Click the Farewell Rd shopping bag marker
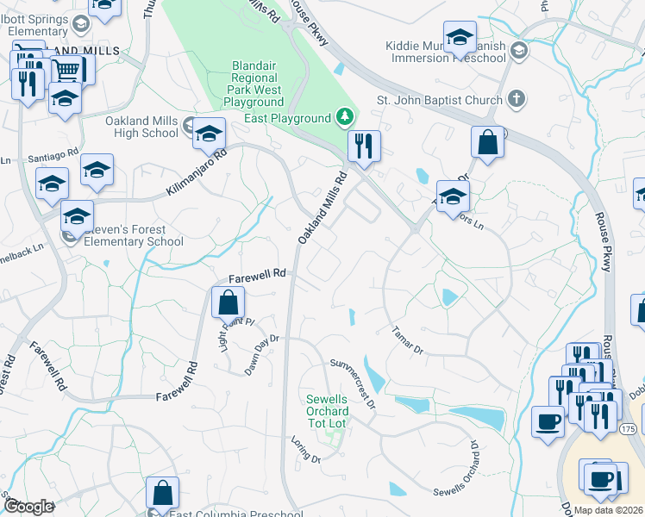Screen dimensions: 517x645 [228, 302]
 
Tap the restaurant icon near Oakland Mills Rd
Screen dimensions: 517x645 [364, 146]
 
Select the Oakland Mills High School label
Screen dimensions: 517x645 [141, 127]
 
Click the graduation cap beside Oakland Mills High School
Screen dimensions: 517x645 [209, 134]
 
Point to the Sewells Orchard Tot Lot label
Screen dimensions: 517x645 [327, 411]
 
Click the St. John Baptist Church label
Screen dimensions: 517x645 [439, 101]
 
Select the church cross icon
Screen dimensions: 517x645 [517, 97]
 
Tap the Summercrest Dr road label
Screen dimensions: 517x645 [354, 383]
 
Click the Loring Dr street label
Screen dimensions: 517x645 [305, 454]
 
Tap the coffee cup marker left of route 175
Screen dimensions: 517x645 [548, 421]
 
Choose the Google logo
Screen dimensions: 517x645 [28, 507]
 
